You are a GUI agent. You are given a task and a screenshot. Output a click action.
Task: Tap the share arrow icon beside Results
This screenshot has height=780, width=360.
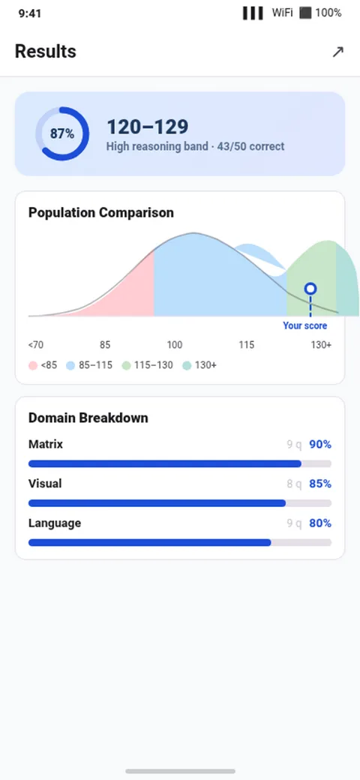click(338, 52)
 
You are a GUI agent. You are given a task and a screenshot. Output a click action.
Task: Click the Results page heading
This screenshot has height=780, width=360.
click(45, 52)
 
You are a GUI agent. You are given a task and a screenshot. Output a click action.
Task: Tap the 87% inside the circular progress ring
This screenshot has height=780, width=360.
click(62, 133)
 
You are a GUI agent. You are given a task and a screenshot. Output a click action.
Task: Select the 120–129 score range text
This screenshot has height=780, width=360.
click(148, 127)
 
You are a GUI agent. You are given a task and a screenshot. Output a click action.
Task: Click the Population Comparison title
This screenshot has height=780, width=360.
click(101, 213)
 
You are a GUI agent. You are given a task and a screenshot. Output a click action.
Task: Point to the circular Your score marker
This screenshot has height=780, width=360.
click(310, 289)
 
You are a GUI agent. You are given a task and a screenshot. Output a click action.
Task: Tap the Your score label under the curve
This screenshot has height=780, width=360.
click(304, 325)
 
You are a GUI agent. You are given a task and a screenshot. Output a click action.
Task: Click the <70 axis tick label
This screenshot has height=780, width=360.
click(36, 345)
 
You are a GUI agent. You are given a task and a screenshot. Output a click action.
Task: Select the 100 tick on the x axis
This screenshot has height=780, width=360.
click(175, 345)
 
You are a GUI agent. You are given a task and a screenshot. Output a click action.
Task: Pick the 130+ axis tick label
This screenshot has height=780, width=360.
click(321, 345)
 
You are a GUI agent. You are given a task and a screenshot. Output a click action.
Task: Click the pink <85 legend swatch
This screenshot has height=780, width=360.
click(33, 366)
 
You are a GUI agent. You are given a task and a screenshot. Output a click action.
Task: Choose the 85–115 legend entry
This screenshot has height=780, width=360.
click(89, 366)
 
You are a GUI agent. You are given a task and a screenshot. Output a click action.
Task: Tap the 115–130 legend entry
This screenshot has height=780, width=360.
click(147, 366)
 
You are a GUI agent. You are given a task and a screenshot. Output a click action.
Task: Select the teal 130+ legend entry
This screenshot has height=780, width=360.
click(199, 366)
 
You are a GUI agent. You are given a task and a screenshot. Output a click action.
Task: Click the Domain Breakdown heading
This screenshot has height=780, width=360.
click(88, 418)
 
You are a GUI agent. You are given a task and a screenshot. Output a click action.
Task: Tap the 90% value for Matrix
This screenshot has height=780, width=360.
click(320, 444)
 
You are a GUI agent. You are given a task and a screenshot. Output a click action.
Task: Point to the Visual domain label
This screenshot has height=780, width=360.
click(45, 484)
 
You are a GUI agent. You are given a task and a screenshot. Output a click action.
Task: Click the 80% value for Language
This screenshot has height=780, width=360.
click(320, 523)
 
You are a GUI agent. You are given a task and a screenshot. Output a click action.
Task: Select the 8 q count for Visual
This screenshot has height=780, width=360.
click(294, 484)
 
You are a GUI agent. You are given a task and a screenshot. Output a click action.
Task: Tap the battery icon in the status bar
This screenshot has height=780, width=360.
click(305, 13)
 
